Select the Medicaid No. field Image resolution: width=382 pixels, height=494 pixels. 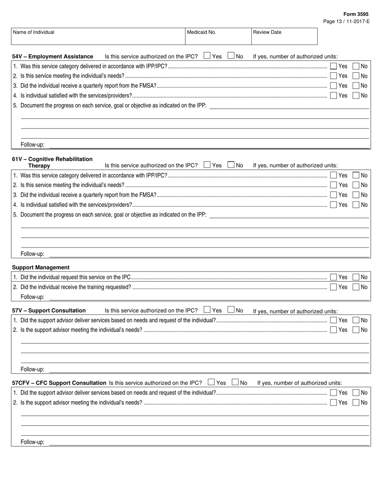[x=218, y=36]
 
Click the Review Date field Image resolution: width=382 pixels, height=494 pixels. [x=284, y=36]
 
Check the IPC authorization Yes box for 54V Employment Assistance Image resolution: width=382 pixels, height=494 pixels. [x=207, y=56]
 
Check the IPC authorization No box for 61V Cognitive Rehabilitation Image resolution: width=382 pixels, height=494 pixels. [x=231, y=164]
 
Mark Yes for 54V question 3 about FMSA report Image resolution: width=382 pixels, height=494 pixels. [x=334, y=86]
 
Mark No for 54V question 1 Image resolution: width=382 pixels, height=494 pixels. [x=356, y=66]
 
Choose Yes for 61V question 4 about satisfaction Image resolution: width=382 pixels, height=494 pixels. [x=334, y=205]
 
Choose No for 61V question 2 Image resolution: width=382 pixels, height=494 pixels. [x=356, y=185]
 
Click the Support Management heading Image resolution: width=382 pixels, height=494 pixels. [x=41, y=267]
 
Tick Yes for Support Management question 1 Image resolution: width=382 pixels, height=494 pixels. [x=334, y=277]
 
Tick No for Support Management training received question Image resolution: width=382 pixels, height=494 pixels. [x=356, y=287]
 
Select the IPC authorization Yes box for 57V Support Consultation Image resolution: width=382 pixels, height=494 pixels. [x=207, y=310]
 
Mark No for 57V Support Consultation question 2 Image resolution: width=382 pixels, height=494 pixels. [x=356, y=330]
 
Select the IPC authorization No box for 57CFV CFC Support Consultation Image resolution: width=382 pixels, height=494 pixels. [x=235, y=382]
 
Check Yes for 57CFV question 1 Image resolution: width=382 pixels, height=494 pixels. [x=334, y=393]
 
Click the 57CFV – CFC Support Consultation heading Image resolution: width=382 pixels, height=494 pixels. [x=59, y=383]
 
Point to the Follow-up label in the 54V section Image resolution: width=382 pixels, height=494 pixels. [x=33, y=145]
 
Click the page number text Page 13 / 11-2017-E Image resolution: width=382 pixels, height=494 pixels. [x=346, y=21]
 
